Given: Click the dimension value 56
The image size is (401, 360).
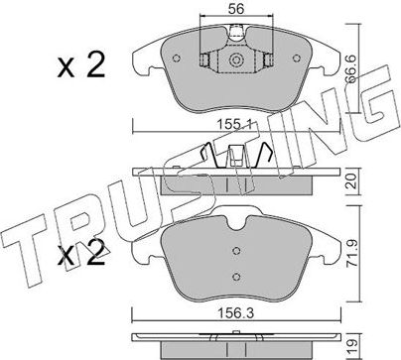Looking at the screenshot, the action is click(236, 8).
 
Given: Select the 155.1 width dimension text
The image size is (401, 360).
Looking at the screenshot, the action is click(234, 125).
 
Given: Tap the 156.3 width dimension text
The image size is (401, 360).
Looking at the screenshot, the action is click(235, 313).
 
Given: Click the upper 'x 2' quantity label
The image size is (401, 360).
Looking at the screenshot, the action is click(81, 65).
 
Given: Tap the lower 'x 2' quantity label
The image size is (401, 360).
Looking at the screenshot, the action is click(81, 254).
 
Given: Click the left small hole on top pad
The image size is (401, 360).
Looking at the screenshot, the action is click(177, 59).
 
